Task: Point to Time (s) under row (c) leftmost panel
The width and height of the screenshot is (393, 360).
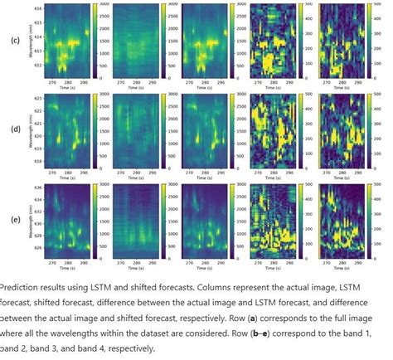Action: point(71,86)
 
